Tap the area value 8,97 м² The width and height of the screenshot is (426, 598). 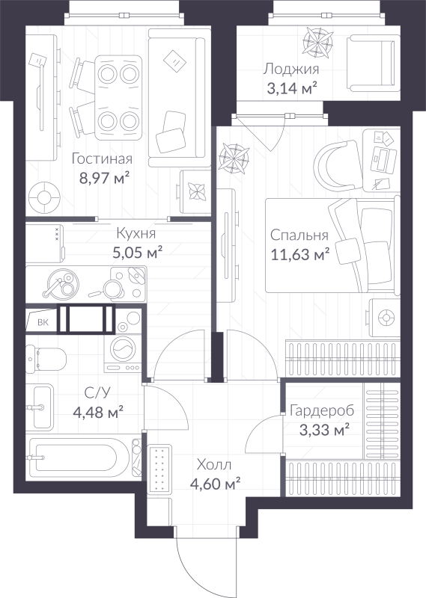click(x=105, y=178)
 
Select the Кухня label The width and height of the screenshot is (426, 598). click(x=135, y=232)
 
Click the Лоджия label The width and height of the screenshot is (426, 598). click(x=291, y=70)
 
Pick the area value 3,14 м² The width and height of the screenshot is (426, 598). click(x=290, y=89)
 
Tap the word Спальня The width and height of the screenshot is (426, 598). click(x=299, y=235)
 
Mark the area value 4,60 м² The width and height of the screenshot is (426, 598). click(x=215, y=484)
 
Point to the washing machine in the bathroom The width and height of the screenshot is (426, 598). click(x=122, y=350)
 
